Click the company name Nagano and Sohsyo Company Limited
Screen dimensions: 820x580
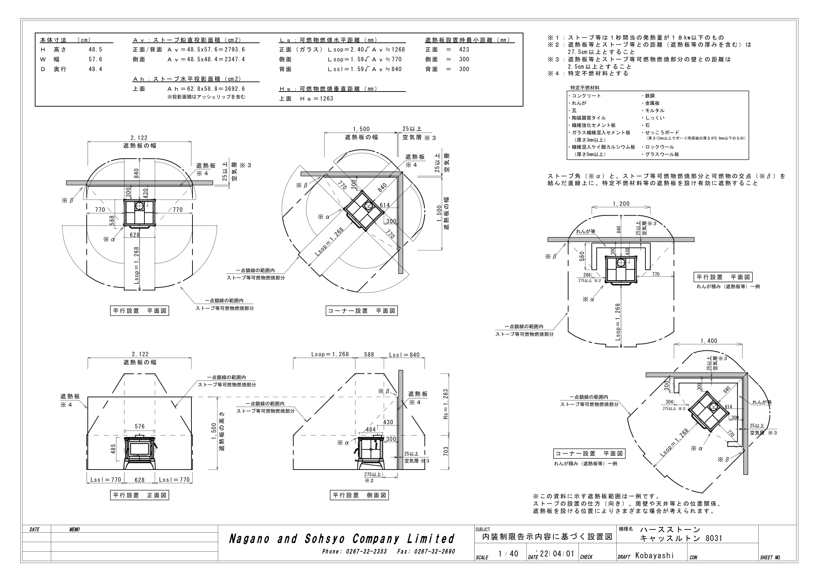342,539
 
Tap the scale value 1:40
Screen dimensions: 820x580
508,554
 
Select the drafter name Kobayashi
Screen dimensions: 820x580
654,555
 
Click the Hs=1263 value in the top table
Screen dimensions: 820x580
317,99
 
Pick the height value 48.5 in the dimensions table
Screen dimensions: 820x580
95,50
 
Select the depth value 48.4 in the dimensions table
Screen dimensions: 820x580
95,69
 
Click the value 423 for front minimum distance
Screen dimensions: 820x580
464,50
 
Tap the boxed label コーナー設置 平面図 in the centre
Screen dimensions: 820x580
361,311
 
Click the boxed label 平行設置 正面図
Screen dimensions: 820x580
139,495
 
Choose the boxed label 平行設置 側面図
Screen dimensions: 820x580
359,495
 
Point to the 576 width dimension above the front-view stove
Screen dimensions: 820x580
140,426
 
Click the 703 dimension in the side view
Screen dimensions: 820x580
445,451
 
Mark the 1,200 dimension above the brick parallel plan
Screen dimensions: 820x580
622,204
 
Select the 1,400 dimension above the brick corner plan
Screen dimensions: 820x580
709,341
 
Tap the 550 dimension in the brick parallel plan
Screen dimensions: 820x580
582,256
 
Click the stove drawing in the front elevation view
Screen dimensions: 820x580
140,452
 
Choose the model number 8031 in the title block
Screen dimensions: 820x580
714,538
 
